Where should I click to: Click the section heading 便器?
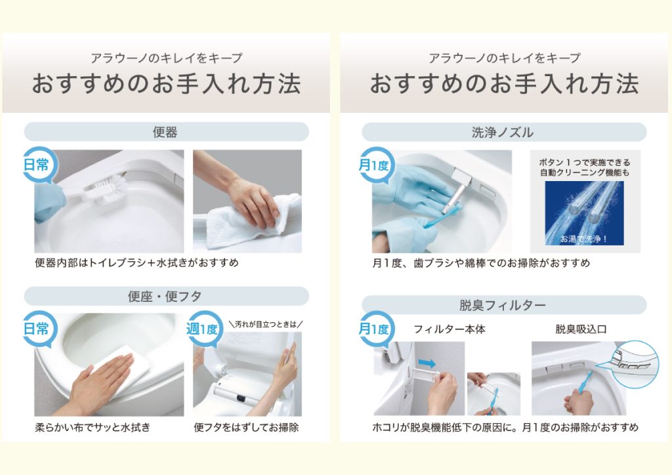tap(165, 132)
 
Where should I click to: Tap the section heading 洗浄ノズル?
tap(503, 133)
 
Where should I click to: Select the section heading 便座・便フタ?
tap(165, 296)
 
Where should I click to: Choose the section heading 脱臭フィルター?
tap(503, 305)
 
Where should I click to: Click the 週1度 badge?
tap(202, 329)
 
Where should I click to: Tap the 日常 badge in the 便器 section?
tap(37, 165)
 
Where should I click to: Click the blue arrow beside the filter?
tap(427, 363)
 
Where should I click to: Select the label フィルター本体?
tap(449, 329)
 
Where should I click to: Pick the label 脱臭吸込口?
tap(581, 329)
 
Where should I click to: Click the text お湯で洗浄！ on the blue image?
tap(583, 239)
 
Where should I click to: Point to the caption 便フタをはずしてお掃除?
tap(247, 427)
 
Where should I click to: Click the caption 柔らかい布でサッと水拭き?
tap(93, 427)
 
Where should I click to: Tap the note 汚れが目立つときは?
tap(266, 324)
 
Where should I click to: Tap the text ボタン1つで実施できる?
tap(585, 162)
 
